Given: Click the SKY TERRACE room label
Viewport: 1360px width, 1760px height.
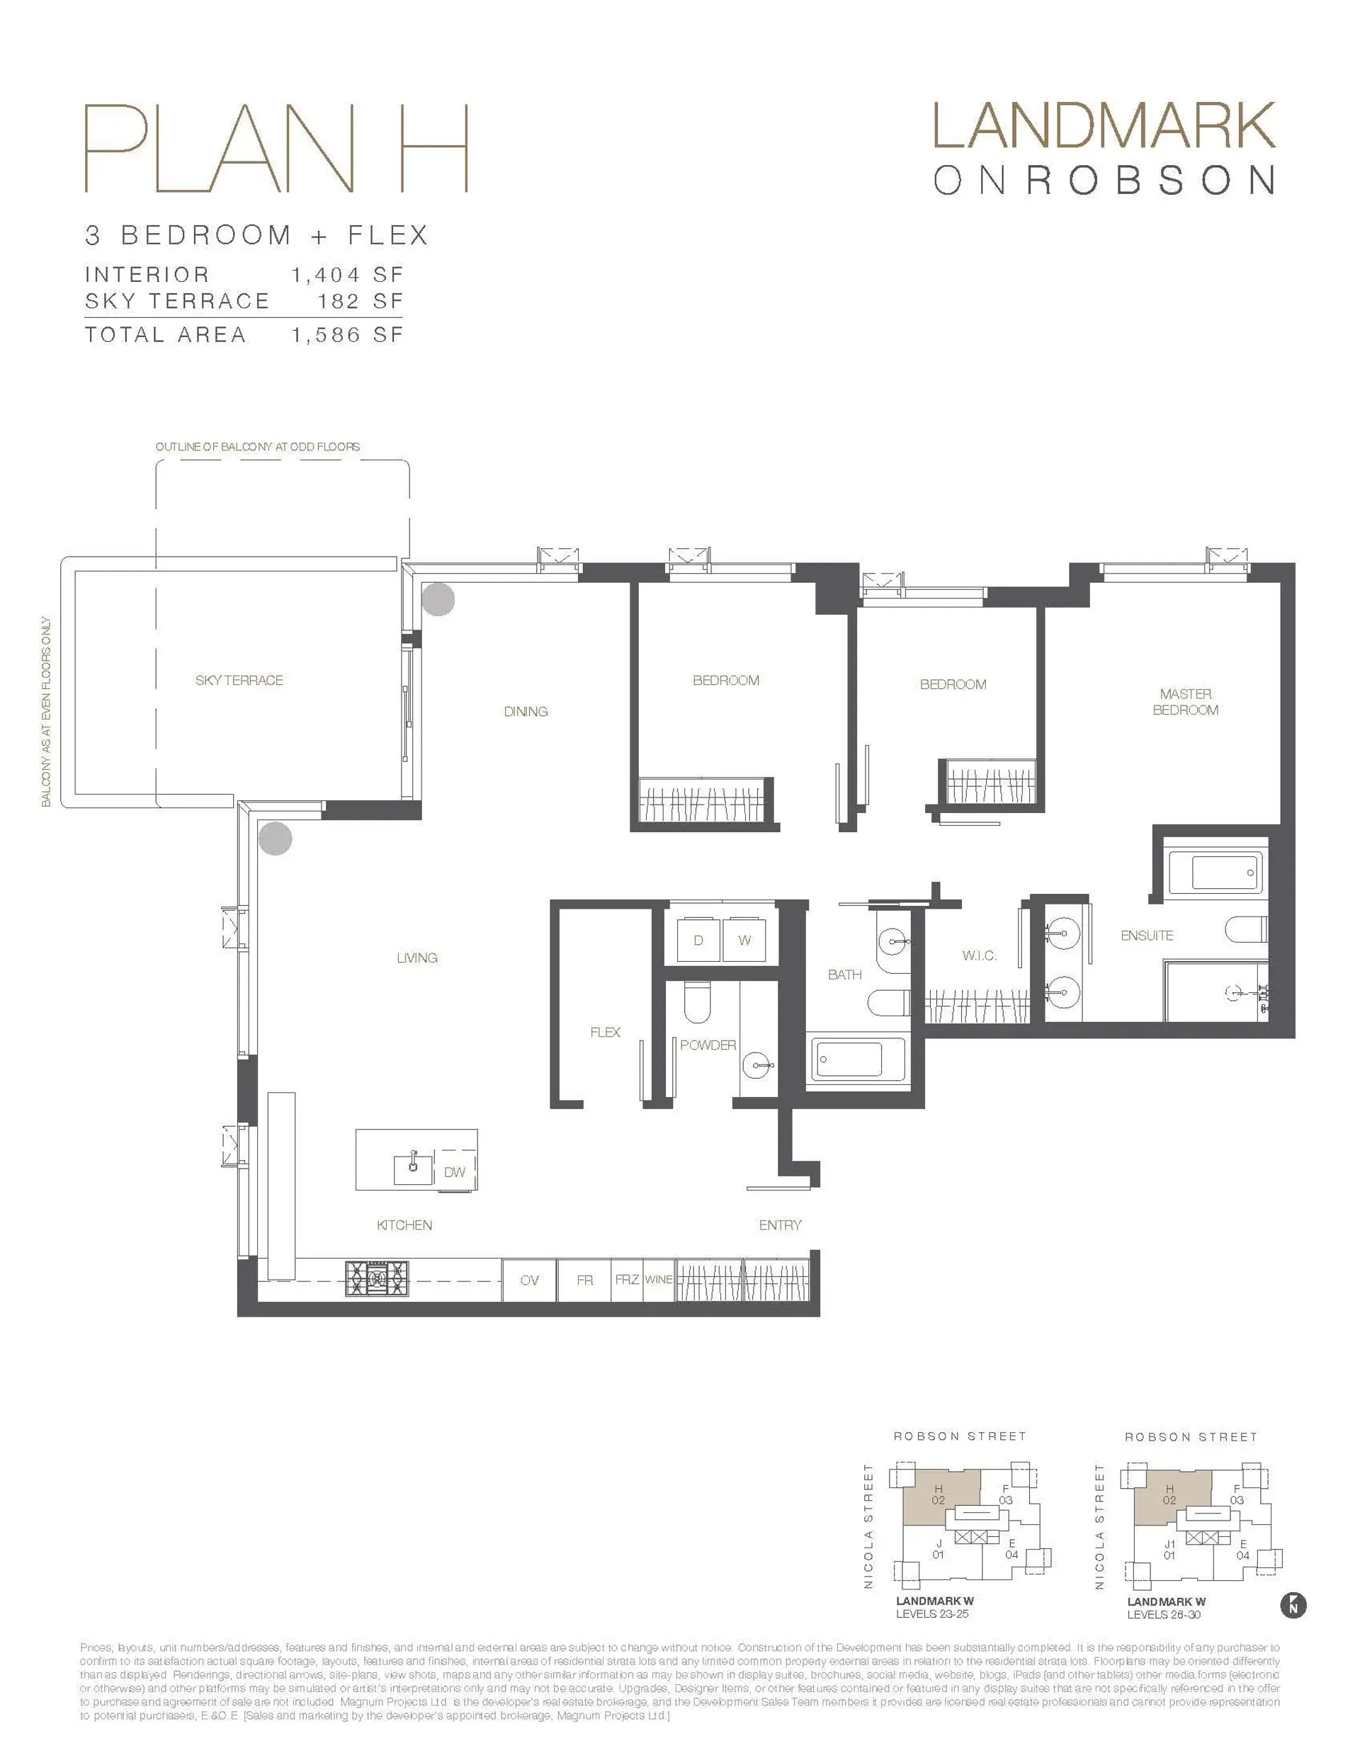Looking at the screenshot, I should (239, 680).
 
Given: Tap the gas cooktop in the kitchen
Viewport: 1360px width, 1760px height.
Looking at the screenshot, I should (376, 1278).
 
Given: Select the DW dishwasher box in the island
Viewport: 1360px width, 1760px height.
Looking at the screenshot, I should (455, 1171).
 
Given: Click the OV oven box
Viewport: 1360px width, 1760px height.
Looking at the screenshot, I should (529, 1280).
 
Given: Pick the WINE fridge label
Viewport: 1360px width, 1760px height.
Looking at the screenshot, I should (658, 1279).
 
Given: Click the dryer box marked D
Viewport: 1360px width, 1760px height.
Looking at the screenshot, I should (698, 940).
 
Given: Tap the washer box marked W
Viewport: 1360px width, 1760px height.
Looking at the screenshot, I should (744, 940).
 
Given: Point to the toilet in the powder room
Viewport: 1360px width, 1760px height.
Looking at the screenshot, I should (696, 1001).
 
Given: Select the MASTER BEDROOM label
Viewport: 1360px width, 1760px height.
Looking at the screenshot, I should (1185, 701).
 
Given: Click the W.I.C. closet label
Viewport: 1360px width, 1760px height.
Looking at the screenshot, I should (980, 955).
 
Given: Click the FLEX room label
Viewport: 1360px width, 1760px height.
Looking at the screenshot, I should (605, 1033).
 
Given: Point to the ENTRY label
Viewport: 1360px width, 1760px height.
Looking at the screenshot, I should (780, 1225).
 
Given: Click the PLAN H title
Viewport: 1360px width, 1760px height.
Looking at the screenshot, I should (276, 149).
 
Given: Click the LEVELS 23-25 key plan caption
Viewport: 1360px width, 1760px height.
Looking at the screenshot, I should (932, 1614).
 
